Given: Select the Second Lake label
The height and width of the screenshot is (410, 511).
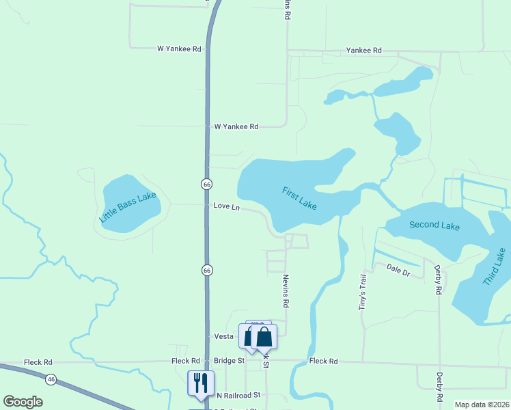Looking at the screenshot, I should pos(434,225).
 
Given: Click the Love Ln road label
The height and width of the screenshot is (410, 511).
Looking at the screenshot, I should pos(227,206).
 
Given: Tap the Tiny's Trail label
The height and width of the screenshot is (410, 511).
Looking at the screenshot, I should pos(363,292).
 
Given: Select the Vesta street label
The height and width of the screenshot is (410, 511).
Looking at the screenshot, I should pos(224,336).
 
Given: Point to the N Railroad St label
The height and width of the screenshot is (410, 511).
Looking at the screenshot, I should pos(238,395).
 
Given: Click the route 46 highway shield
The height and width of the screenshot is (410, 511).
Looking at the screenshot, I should pos(51,378).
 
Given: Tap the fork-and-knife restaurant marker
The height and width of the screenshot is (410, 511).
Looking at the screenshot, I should pos(201,384).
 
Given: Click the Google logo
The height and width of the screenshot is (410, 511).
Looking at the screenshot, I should pos(23,402).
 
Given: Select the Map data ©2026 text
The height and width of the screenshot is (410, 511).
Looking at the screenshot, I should pos(482,405).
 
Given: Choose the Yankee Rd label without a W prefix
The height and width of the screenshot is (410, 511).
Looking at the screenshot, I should pos(363,51).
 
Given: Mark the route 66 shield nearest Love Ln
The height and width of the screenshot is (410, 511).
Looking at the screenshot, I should pos(206,184).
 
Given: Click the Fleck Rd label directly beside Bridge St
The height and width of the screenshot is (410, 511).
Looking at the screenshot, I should pos(185,361).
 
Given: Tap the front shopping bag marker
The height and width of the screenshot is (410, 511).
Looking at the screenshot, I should pos(264,338).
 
